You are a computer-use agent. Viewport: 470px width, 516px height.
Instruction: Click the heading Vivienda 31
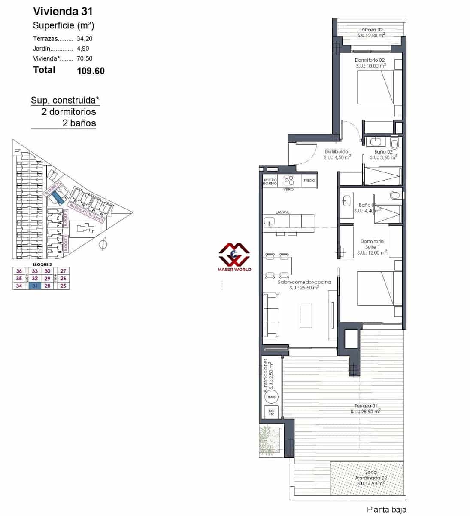pyautogui.click(x=62, y=12)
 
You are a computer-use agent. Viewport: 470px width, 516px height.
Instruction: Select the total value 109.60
pyautogui.click(x=91, y=71)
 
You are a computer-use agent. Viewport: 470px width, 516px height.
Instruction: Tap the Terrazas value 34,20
pyautogui.click(x=85, y=38)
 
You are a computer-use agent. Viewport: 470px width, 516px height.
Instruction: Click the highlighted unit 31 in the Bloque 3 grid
pyautogui.click(x=35, y=286)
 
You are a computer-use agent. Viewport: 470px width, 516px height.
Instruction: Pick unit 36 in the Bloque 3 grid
pyautogui.click(x=19, y=271)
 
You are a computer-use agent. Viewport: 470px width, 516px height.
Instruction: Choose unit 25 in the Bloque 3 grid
pyautogui.click(x=64, y=286)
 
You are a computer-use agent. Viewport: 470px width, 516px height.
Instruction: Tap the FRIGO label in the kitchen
pyautogui.click(x=309, y=181)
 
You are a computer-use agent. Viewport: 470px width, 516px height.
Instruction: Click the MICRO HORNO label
pyautogui.click(x=270, y=182)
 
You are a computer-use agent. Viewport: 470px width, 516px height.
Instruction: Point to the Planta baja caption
pyautogui.click(x=386, y=510)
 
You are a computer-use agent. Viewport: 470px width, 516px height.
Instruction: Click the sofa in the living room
pyautogui.click(x=270, y=315)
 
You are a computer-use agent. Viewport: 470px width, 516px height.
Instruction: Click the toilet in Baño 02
pyautogui.click(x=395, y=143)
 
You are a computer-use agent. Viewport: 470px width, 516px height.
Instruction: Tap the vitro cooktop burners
pyautogui.click(x=289, y=181)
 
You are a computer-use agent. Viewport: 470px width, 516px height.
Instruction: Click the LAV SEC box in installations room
pyautogui.click(x=271, y=412)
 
